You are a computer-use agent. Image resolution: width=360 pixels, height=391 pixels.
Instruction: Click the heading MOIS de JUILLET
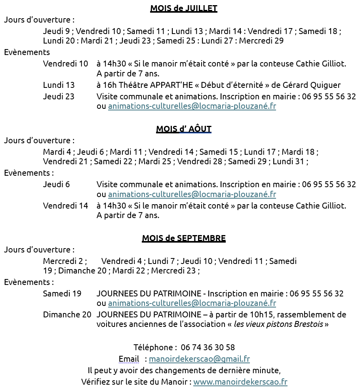coord(183,8)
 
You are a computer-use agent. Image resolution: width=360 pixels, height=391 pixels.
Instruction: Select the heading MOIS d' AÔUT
coord(183,129)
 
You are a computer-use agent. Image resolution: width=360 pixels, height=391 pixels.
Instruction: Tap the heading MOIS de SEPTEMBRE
coord(184,238)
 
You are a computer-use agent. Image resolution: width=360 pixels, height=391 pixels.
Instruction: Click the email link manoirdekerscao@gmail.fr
coord(199,359)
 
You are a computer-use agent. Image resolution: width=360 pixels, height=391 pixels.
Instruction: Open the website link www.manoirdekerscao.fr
coord(240,382)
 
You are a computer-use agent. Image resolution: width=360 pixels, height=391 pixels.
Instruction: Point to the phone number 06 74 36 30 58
coord(208,347)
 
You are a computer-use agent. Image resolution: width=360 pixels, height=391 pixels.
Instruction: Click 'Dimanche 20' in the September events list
coord(67,315)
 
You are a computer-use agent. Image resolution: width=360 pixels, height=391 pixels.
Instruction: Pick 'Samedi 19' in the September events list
coord(62,294)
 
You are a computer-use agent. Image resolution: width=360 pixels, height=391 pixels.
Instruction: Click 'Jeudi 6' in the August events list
coord(56,184)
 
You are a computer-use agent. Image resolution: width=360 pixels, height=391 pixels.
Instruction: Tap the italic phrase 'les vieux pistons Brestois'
coord(278,325)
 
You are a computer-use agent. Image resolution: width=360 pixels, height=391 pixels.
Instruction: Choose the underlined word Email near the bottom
coord(129,359)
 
